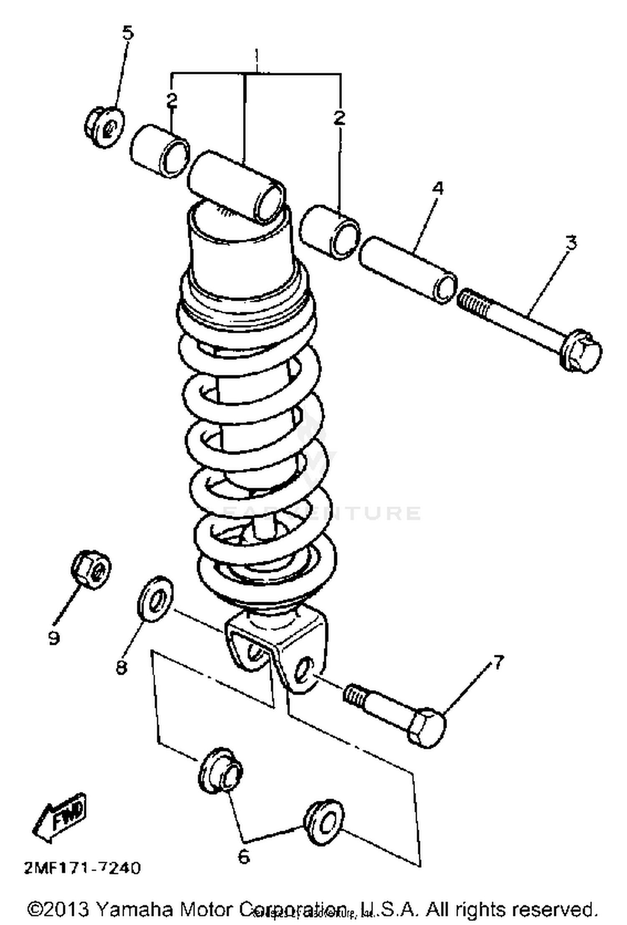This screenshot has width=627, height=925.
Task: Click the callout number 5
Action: (x=128, y=32)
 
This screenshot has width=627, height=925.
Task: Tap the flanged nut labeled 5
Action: (x=104, y=126)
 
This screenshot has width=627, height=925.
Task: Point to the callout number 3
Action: (x=571, y=243)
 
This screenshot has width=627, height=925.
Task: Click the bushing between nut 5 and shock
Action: (x=159, y=152)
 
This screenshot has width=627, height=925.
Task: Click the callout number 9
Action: (x=54, y=638)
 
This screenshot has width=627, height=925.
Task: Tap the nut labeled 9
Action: (x=91, y=569)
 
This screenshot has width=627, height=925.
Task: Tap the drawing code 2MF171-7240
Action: (x=82, y=869)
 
